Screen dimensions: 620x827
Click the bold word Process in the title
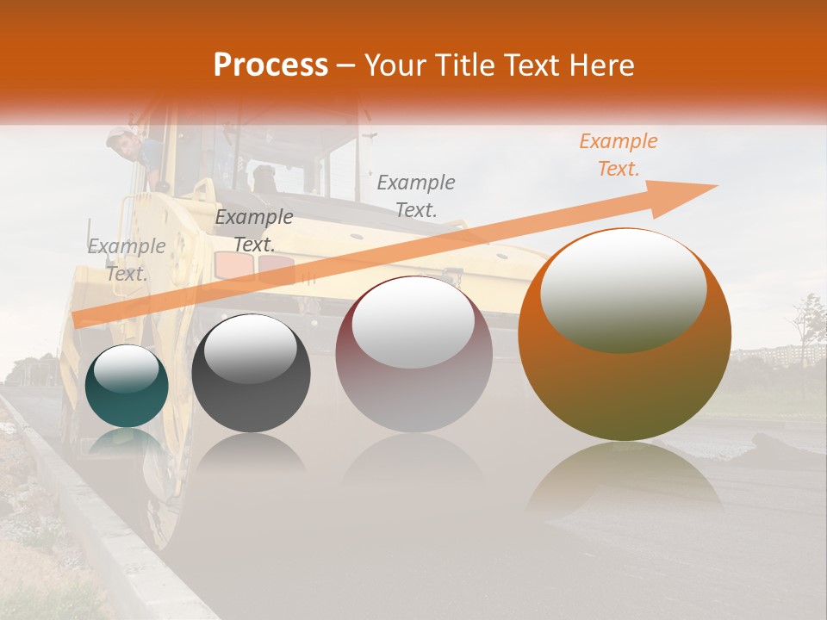click(270, 65)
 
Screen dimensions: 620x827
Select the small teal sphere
click(127, 386)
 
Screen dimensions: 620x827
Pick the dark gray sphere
click(251, 374)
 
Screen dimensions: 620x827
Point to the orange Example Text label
click(618, 155)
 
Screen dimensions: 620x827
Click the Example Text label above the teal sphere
click(127, 260)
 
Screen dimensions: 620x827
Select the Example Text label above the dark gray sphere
click(253, 231)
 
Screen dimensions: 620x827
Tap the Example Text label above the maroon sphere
click(416, 195)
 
